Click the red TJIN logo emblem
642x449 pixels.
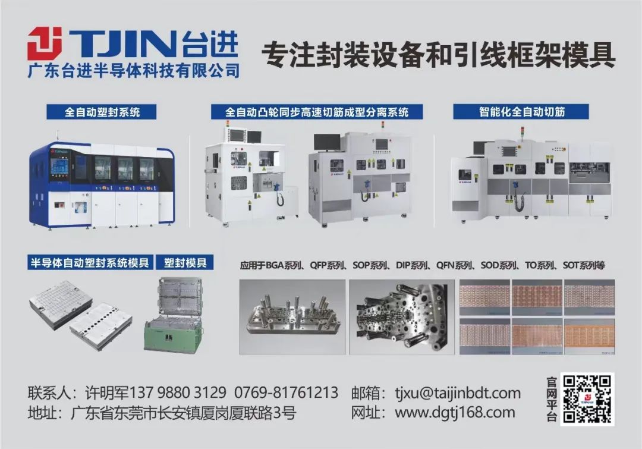[45, 43]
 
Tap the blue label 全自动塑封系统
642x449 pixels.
[102, 112]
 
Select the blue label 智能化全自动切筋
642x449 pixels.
[521, 111]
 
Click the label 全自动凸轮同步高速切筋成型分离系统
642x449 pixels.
[317, 112]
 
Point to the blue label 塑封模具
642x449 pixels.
[185, 262]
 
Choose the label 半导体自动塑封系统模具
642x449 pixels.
[90, 262]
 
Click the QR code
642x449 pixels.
[587, 399]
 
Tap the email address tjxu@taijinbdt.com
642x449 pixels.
[458, 393]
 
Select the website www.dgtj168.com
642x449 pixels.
[455, 413]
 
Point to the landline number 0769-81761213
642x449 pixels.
[286, 393]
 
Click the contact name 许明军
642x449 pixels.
[107, 393]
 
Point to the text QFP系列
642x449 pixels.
[327, 265]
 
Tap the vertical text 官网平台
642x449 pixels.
[551, 399]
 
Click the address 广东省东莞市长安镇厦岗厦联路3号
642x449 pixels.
[184, 413]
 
